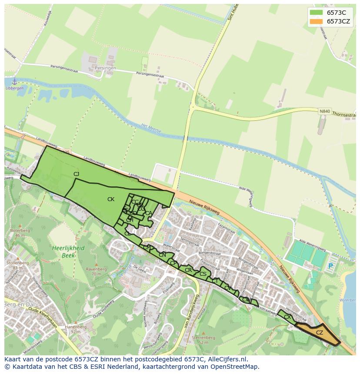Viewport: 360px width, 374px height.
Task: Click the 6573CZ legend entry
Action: [339, 21]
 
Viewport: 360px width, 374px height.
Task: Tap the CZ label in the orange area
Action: [320, 333]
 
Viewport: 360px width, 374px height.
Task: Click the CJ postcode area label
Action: [77, 174]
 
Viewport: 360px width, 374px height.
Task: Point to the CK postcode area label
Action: [111, 199]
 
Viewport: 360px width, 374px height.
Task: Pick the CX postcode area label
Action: [287, 317]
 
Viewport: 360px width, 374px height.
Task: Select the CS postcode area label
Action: [203, 274]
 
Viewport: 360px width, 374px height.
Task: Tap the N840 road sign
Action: [324, 112]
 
